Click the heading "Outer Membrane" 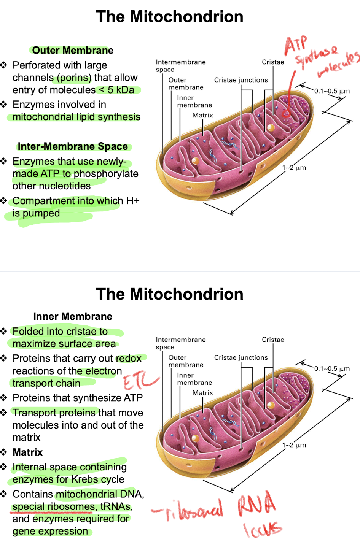tap(73, 50)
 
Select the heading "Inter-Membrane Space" tap(73, 146)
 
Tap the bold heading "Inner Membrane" tap(73, 316)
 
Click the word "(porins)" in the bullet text tap(74, 78)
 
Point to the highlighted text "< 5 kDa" tap(117, 90)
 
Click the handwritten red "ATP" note tap(296, 44)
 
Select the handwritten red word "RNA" tap(256, 504)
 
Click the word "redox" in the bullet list tap(129, 359)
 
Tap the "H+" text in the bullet tap(133, 201)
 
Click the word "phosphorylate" tap(106, 174)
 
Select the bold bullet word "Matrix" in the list tap(28, 452)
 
